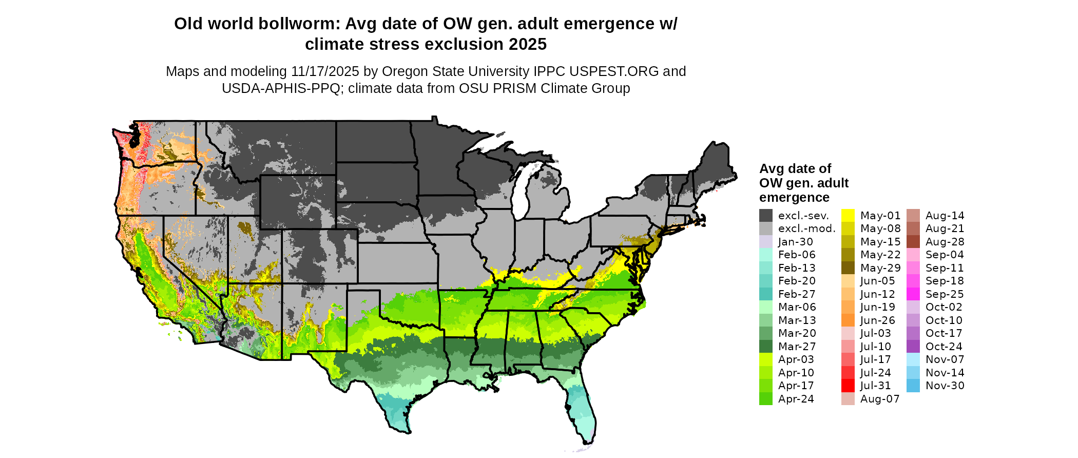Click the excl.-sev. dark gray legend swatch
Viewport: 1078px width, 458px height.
tap(765, 216)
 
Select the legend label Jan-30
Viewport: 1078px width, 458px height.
tap(795, 242)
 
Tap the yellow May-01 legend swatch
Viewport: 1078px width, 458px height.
tap(848, 216)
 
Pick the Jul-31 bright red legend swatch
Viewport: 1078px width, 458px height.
tap(848, 386)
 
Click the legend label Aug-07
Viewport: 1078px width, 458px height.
tap(880, 399)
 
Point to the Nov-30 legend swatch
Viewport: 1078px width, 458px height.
tap(913, 386)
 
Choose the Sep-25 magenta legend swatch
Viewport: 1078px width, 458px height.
tap(913, 294)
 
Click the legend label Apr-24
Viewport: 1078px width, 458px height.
tap(796, 399)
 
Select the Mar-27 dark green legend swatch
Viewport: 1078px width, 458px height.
tap(765, 347)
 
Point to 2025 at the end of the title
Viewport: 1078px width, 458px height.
tap(528, 45)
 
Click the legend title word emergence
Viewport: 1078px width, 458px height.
tap(794, 198)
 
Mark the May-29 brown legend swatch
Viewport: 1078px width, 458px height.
tap(848, 268)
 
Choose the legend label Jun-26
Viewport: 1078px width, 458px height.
tap(877, 320)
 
